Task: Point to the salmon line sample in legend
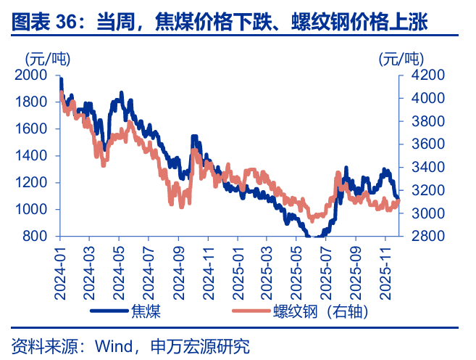249,311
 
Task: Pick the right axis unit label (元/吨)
401,58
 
